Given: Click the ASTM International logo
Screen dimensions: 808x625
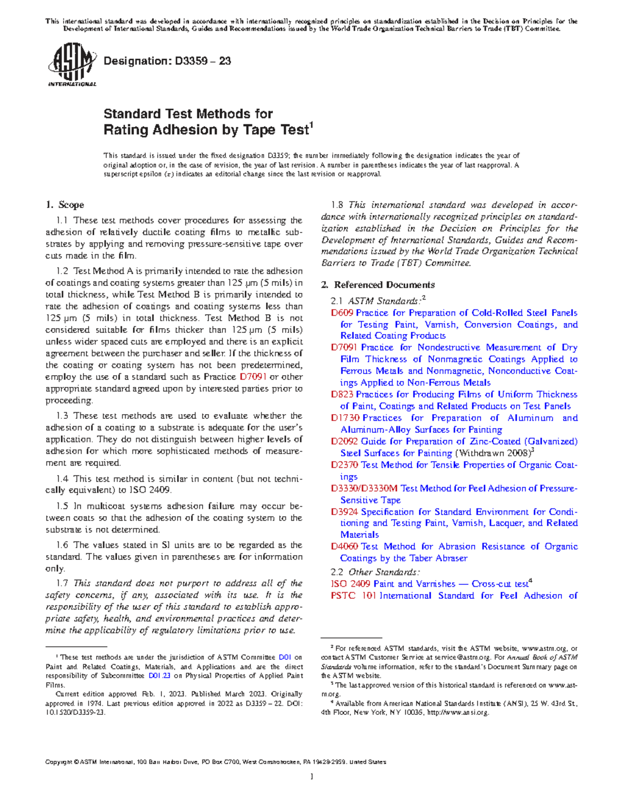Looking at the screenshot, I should [71, 65].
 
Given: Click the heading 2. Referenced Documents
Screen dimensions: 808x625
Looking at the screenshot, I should [378, 285].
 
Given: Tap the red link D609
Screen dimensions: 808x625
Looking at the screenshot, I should [342, 313].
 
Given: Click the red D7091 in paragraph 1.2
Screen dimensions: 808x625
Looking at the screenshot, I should [253, 377].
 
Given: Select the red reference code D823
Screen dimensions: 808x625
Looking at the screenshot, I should [342, 395].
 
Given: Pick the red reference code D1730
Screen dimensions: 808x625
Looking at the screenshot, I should [345, 418].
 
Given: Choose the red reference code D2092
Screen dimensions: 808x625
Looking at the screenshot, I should [345, 442].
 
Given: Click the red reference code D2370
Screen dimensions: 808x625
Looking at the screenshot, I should [345, 465].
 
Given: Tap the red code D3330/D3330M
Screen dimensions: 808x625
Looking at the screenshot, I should [364, 489].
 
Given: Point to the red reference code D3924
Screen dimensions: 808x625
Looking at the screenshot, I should [345, 512].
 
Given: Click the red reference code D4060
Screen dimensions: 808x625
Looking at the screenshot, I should [345, 547].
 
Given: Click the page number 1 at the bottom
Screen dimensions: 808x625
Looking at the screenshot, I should [311, 777].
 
